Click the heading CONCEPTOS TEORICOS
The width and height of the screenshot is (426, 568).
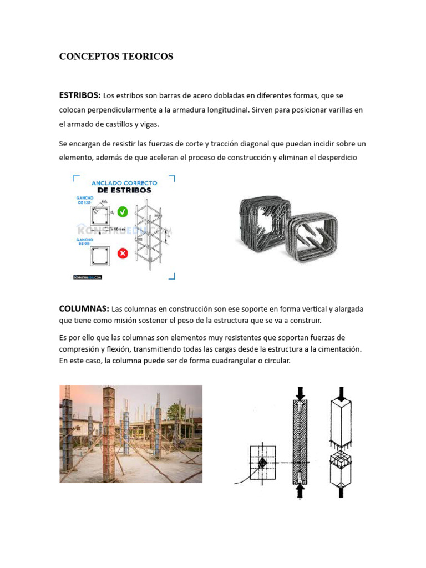[x=116, y=57]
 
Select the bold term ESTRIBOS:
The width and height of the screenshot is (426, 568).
[x=80, y=95]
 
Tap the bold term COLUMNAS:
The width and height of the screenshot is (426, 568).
[x=84, y=308]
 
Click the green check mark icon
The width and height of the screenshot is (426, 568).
[x=123, y=211]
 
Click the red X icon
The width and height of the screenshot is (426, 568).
[x=123, y=253]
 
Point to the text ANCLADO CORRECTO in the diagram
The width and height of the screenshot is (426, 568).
[x=124, y=182]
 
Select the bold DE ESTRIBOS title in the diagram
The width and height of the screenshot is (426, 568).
[x=124, y=190]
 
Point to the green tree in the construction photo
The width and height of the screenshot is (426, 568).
[x=176, y=411]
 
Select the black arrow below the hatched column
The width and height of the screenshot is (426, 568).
[x=300, y=490]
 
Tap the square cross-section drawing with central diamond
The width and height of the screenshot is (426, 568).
[x=262, y=462]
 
